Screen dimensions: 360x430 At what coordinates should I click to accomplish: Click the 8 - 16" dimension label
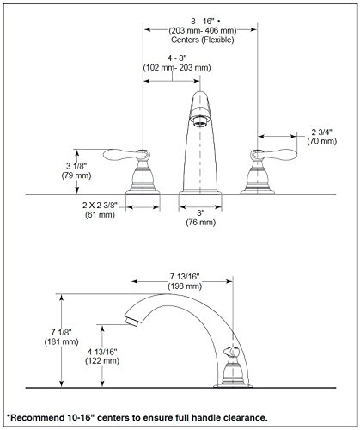pos(203,21)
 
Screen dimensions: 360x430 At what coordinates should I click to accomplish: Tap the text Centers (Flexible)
pos(203,40)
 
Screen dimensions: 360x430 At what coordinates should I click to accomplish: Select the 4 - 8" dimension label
pos(177,58)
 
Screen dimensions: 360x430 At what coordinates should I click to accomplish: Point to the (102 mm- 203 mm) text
pos(177,68)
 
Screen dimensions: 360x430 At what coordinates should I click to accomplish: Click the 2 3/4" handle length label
pos(322,132)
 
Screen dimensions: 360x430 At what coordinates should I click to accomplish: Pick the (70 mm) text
pos(322,141)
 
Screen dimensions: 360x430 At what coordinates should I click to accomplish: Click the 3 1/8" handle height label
pos(76,166)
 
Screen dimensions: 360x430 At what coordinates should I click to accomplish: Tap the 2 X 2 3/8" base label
pos(100,206)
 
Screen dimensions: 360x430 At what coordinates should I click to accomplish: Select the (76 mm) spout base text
pos(201,222)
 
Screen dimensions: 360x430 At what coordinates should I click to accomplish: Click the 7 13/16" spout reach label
pos(185,277)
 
